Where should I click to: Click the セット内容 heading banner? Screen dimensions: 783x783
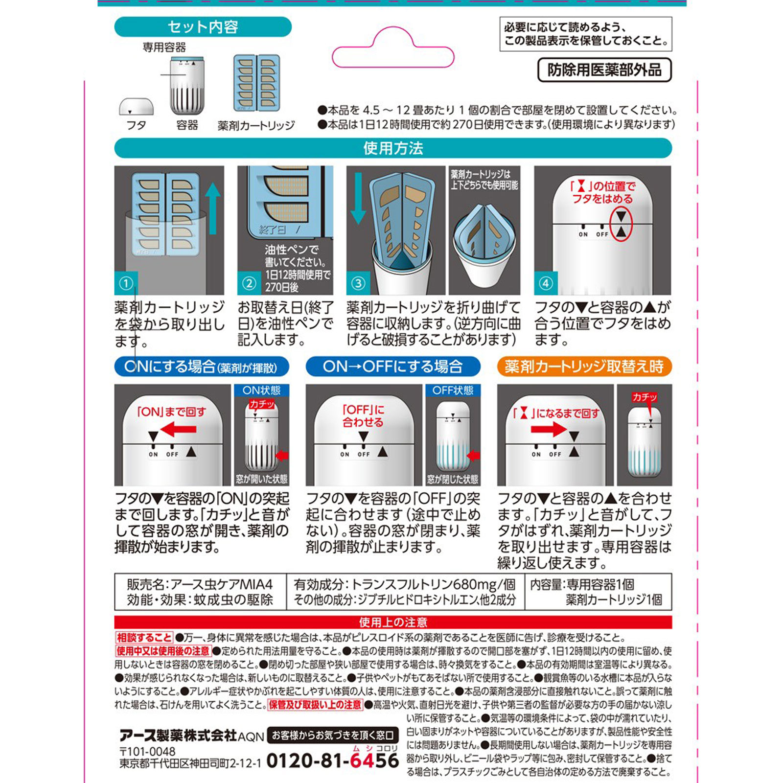(x=203, y=27)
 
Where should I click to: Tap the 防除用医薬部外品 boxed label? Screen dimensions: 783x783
(x=604, y=70)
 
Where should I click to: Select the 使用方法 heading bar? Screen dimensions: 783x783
(x=393, y=148)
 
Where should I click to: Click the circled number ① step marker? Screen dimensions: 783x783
(x=126, y=283)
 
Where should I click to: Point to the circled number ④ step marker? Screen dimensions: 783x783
(x=546, y=283)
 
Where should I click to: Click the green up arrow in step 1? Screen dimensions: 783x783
(x=213, y=208)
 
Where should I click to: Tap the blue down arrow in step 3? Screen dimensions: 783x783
(x=358, y=198)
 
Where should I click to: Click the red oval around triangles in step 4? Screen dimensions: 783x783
(x=621, y=224)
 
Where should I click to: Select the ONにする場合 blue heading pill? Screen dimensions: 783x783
(x=202, y=367)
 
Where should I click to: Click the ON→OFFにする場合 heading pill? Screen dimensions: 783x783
(x=392, y=367)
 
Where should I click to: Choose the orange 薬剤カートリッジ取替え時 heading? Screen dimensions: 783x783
(x=584, y=367)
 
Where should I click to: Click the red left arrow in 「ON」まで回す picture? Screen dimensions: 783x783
(x=179, y=430)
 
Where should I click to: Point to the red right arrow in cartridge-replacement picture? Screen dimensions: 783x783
(x=548, y=430)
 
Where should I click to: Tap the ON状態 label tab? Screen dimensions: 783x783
(x=261, y=390)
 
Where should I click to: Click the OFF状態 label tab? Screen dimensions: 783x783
(x=453, y=390)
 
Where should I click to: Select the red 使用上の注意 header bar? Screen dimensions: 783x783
(x=393, y=622)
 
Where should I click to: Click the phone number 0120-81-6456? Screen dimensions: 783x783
(x=333, y=760)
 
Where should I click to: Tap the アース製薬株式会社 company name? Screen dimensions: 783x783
(x=178, y=735)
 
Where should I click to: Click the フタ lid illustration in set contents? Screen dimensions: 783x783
(x=136, y=107)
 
